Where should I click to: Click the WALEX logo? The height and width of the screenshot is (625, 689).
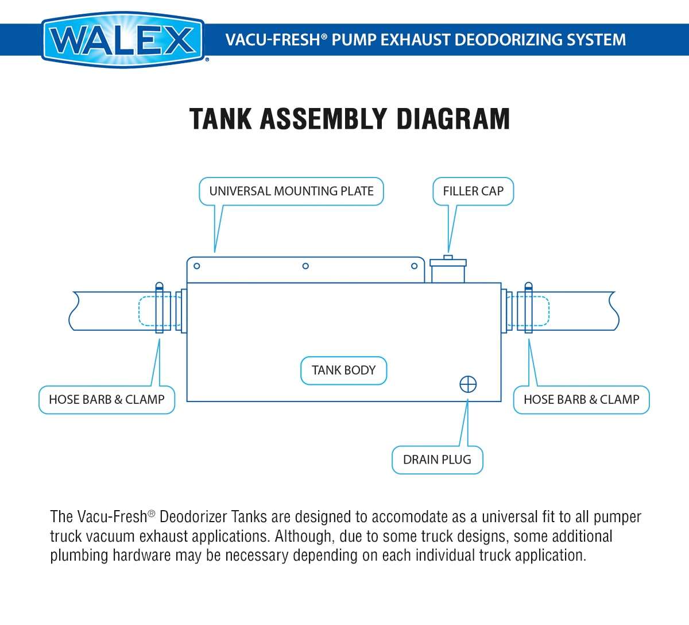[123, 40]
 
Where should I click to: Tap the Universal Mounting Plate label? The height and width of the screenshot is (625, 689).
[291, 191]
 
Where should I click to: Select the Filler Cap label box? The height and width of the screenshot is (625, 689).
[473, 191]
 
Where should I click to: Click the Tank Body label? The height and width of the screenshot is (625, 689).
[343, 371]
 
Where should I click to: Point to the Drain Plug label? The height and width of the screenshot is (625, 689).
[437, 460]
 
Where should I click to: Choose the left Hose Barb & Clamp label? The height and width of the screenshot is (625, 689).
[107, 399]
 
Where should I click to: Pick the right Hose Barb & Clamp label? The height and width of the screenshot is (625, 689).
[581, 399]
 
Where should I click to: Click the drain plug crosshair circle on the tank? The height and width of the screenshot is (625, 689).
[468, 384]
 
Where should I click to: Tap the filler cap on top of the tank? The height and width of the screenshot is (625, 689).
[448, 269]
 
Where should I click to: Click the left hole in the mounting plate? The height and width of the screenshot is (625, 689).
[197, 266]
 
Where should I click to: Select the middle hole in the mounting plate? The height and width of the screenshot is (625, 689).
[305, 266]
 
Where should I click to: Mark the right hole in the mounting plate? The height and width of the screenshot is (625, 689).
[414, 266]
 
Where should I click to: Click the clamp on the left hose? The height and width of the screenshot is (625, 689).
[160, 308]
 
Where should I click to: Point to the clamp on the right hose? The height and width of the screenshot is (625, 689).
[528, 308]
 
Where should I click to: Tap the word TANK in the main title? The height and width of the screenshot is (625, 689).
[220, 118]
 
